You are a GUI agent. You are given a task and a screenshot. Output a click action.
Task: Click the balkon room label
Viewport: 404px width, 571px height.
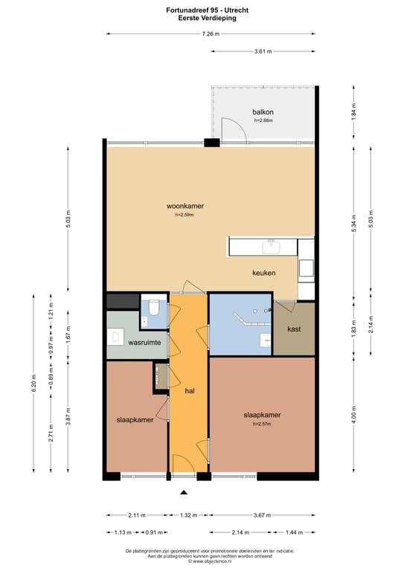tap(263, 112)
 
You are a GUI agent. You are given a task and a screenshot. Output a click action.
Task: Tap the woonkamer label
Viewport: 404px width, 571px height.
tap(185, 206)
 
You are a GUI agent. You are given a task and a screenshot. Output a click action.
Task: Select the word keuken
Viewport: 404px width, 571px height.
tap(263, 272)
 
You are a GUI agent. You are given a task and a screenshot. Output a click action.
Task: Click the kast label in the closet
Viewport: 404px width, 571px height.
tap(294, 329)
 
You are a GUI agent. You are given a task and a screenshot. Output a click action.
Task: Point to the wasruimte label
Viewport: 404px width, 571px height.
tap(144, 342)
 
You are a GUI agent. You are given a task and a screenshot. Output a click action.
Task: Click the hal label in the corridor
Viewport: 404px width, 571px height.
tap(190, 391)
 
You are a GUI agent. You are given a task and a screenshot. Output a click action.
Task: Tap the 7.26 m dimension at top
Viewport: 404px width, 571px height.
tap(211, 34)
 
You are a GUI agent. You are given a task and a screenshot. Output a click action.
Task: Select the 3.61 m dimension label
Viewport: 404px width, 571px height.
tap(263, 51)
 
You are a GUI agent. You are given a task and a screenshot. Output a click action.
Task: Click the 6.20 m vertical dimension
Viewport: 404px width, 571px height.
tap(34, 383)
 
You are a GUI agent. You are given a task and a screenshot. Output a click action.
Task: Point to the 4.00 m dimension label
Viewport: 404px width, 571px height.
tap(354, 413)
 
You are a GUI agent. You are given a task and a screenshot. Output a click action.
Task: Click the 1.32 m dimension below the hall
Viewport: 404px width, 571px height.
tap(188, 515)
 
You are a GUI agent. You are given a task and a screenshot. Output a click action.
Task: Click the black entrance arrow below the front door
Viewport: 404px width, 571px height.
tap(184, 493)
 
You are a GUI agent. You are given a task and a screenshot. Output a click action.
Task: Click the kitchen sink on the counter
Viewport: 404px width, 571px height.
tap(271, 247)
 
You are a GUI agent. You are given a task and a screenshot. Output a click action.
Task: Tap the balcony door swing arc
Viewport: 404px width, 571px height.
tap(240, 126)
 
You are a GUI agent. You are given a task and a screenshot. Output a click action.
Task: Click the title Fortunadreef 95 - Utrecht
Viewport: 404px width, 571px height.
tap(208, 10)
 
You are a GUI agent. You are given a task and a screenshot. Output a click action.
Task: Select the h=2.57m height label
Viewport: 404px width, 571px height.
tap(262, 424)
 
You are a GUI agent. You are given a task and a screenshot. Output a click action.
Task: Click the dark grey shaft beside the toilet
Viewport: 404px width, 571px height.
tap(123, 301)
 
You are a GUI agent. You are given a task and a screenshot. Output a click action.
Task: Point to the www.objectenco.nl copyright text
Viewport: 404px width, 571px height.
tap(210, 561)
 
